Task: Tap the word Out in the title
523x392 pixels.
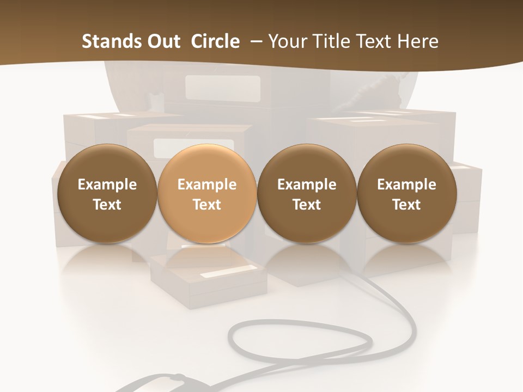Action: [x=162, y=41]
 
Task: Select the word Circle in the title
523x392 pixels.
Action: [x=215, y=41]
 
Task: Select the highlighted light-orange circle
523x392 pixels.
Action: [x=206, y=194]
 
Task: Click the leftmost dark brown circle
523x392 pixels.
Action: [x=107, y=194]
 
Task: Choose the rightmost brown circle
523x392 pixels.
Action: [x=406, y=194]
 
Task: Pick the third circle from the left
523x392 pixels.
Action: [x=307, y=194]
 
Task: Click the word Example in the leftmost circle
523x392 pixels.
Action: [x=107, y=185]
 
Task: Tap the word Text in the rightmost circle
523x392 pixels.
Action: [x=406, y=205]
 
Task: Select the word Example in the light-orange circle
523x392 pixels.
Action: [x=206, y=185]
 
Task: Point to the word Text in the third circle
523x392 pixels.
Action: [x=307, y=205]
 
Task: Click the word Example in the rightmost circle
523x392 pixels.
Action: [x=406, y=185]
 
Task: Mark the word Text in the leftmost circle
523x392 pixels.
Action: [x=107, y=205]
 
